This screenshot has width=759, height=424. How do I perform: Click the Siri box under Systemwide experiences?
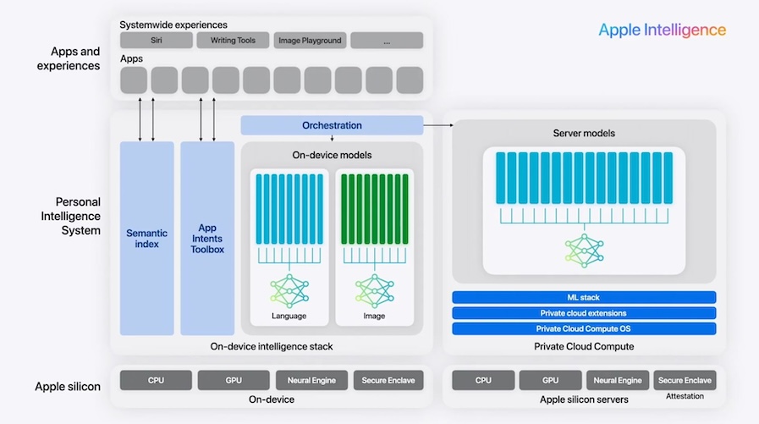pos(156,40)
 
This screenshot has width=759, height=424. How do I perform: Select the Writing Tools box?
pos(233,40)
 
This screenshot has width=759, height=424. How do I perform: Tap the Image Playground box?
pos(310,40)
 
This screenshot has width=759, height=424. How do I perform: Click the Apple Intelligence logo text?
pos(662,30)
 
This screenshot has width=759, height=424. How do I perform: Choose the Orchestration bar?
pos(332,125)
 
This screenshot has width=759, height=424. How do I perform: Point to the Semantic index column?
pos(146,238)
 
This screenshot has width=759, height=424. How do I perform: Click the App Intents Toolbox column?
pos(207,238)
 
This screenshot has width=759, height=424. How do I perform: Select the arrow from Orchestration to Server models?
pos(438,125)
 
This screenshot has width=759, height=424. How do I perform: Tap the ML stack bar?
pos(584,297)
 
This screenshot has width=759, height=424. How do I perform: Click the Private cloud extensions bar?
pos(584,313)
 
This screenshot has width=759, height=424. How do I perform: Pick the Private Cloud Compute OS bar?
pos(584,328)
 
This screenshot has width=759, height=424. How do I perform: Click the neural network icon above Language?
pos(289,290)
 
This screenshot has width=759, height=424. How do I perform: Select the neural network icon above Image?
pos(373,290)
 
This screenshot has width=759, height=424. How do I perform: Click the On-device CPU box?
pos(156,380)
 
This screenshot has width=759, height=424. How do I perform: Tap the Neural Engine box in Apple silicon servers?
pos(617,380)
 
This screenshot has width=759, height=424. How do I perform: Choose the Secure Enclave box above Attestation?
pos(685,380)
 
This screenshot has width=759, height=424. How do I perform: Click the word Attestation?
pos(685,396)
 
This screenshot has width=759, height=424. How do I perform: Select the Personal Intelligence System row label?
pos(78,216)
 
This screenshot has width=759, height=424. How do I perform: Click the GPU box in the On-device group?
pos(233,380)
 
